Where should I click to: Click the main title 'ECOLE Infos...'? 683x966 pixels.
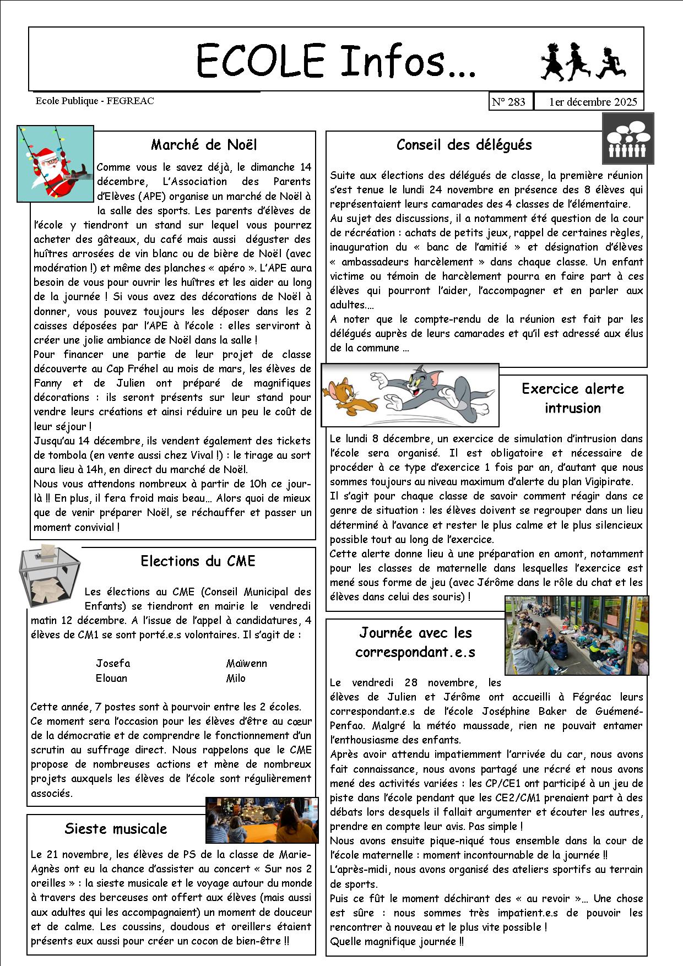click(336, 61)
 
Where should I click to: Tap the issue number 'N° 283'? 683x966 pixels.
click(508, 102)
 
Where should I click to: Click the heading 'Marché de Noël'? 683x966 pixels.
click(204, 145)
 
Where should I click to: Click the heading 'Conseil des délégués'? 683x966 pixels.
click(464, 145)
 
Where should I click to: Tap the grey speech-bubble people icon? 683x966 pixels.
click(627, 139)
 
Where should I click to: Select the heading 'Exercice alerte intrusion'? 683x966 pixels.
click(573, 398)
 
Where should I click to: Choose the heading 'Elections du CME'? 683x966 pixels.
click(198, 561)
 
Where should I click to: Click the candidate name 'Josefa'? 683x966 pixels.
click(113, 664)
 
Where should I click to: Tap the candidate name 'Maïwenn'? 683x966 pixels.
click(246, 664)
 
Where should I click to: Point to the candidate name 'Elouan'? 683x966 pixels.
click(111, 679)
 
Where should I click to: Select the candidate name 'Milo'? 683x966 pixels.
click(236, 679)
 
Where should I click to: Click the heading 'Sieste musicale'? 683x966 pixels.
click(115, 829)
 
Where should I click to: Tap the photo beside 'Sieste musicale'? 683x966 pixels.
click(262, 820)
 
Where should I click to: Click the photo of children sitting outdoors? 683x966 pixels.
click(576, 635)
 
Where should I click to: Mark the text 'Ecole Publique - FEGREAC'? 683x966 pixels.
click(95, 101)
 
